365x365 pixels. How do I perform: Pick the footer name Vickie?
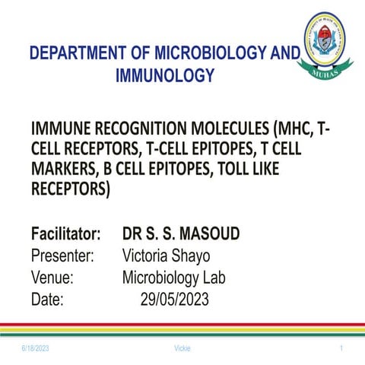[182, 348]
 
